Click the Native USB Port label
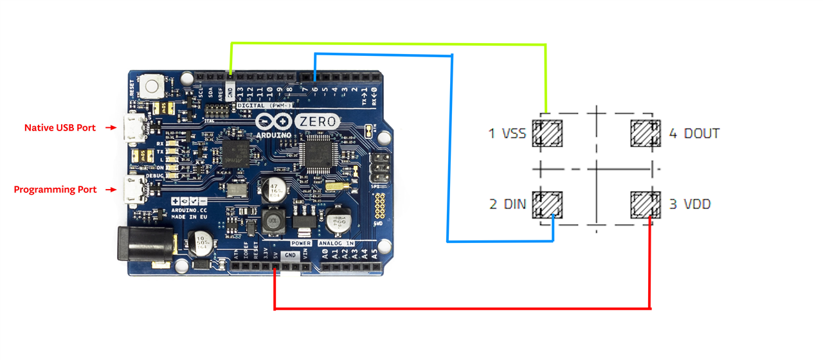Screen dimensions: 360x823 click(x=60, y=128)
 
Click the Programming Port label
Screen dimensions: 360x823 click(x=55, y=190)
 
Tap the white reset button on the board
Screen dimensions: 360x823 click(x=153, y=86)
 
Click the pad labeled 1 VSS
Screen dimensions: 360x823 click(x=550, y=134)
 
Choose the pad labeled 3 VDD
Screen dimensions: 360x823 click(x=645, y=204)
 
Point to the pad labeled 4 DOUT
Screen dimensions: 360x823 click(x=645, y=134)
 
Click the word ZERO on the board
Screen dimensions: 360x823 click(x=316, y=121)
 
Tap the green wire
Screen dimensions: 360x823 click(x=386, y=44)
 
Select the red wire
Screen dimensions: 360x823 click(x=463, y=309)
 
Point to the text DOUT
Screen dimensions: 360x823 click(x=701, y=134)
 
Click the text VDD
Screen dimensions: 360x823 click(x=696, y=204)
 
